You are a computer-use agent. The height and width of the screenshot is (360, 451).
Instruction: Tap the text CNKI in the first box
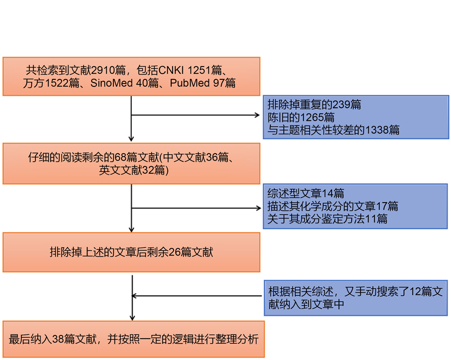tap(171, 70)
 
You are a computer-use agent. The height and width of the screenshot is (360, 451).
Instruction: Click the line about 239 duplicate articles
tap(314, 104)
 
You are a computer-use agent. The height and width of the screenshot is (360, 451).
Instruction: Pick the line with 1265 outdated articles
tap(301, 117)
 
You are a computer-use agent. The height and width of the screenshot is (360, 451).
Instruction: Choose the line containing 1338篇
tap(333, 130)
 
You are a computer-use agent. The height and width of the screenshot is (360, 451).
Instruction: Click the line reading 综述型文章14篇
tap(305, 193)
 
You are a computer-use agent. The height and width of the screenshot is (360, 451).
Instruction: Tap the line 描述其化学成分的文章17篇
tap(332, 206)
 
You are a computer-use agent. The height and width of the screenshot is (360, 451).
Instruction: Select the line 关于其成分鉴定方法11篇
tap(327, 219)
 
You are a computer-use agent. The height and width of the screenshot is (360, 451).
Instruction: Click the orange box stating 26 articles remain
tap(131, 252)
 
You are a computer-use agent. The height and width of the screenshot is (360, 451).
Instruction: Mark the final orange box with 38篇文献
tap(133, 339)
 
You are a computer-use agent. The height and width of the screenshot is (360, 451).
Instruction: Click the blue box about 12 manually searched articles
tap(355, 298)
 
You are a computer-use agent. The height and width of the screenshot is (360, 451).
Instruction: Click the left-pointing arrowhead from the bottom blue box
tap(134, 296)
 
